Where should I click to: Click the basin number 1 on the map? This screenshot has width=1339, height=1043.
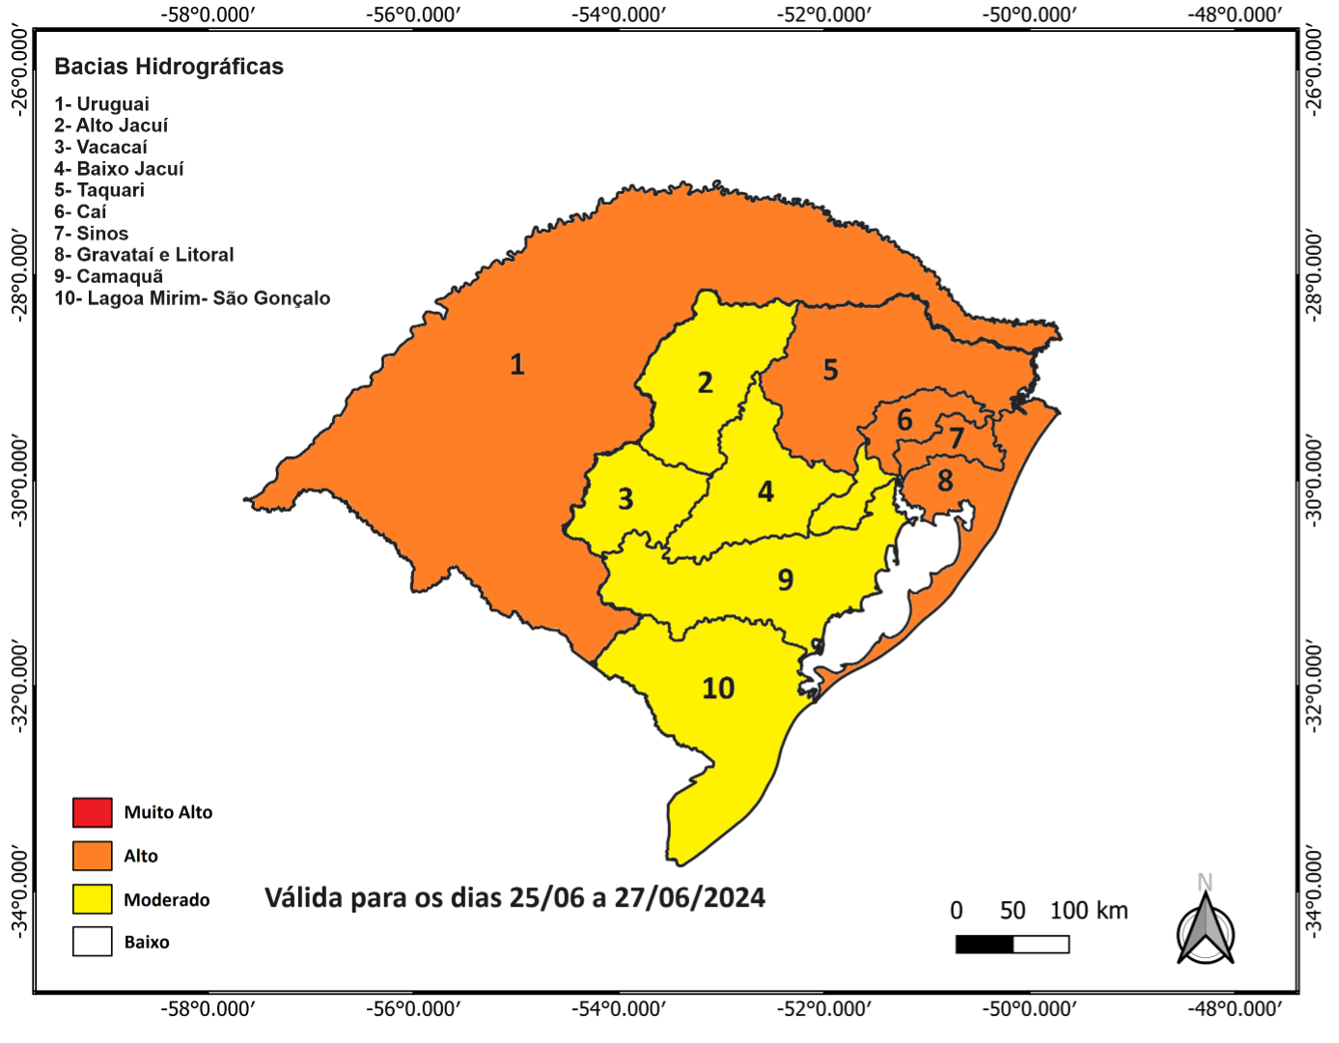pos(517,364)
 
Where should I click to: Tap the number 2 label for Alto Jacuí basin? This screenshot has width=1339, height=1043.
pos(706,383)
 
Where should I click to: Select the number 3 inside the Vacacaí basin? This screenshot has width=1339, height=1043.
pos(626,499)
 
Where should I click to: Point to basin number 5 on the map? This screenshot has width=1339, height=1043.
pos(830,370)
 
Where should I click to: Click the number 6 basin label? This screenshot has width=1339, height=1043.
pos(905,420)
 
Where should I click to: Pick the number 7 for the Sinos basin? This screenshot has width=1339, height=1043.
pos(957,438)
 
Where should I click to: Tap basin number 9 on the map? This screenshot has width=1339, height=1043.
pos(786,579)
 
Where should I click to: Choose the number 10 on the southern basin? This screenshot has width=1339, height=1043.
pos(718,689)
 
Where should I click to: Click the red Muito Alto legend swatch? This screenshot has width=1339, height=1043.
pos(93,812)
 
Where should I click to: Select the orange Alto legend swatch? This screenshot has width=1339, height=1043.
pos(93,856)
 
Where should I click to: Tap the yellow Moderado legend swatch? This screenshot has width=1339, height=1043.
pos(93,899)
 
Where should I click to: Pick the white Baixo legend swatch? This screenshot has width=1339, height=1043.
pos(93,942)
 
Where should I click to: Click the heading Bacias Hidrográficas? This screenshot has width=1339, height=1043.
pos(169,67)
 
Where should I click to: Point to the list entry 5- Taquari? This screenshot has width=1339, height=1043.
pos(99,190)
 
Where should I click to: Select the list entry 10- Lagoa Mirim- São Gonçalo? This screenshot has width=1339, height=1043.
pos(192,298)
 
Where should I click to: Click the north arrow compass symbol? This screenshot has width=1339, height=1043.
pos(1206,929)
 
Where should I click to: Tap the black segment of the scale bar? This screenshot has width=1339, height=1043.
pos(985,944)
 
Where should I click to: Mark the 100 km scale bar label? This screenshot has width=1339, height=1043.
pos(1089,911)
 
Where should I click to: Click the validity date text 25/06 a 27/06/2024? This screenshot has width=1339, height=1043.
pos(637,898)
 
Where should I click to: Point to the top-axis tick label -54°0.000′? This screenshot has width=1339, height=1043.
pos(618,14)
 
